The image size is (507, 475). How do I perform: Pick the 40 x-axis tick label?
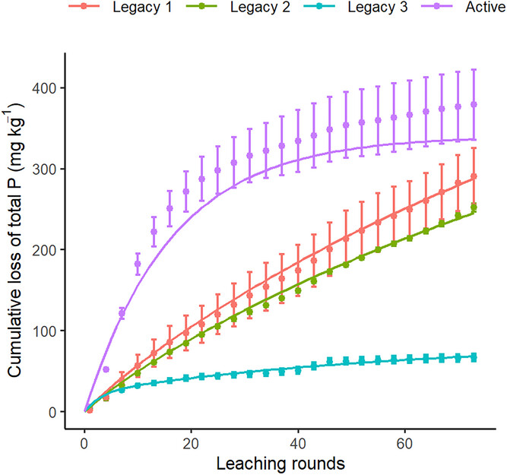pyautogui.click(x=298, y=439)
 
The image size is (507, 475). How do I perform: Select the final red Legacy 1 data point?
pyautogui.click(x=474, y=176)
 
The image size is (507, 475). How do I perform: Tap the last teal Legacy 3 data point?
pyautogui.click(x=474, y=356)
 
